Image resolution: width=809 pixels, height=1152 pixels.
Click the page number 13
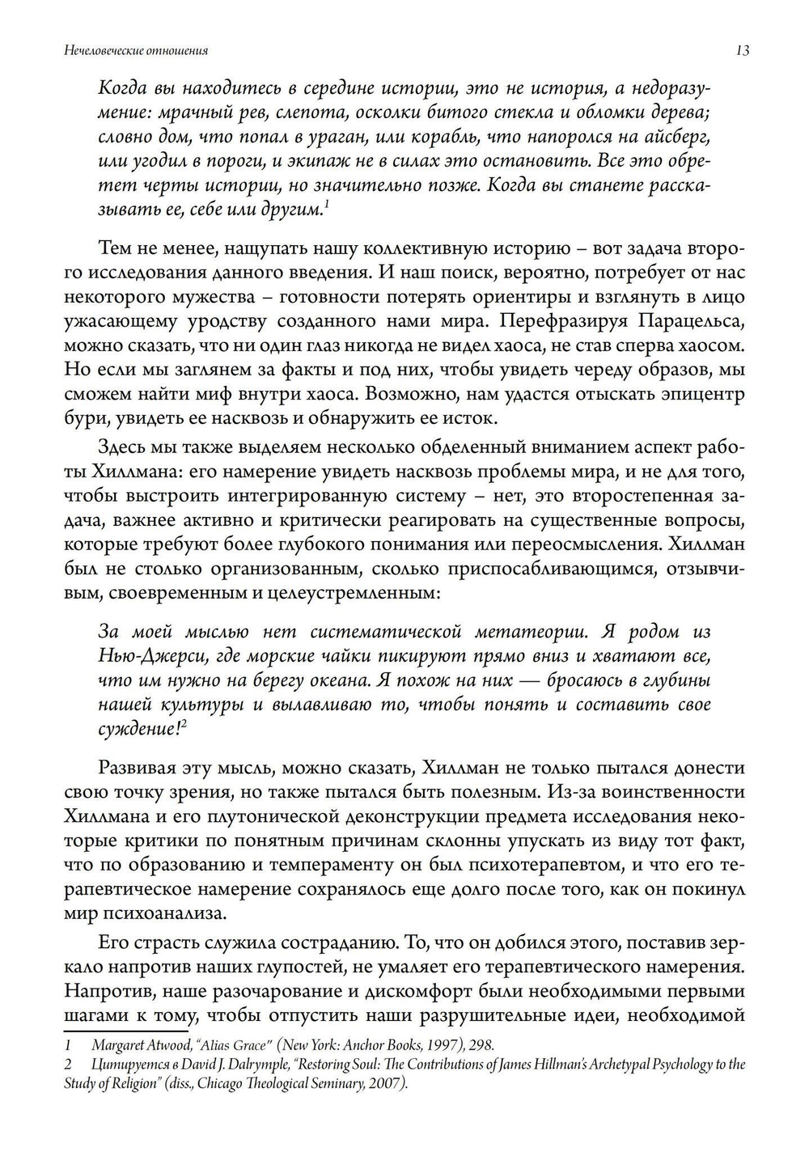(x=743, y=51)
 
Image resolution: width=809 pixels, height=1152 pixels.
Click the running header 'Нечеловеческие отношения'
(x=136, y=51)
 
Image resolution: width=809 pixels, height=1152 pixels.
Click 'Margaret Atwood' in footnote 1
(x=138, y=1044)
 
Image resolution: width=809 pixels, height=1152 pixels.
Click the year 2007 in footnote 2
(x=386, y=1084)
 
